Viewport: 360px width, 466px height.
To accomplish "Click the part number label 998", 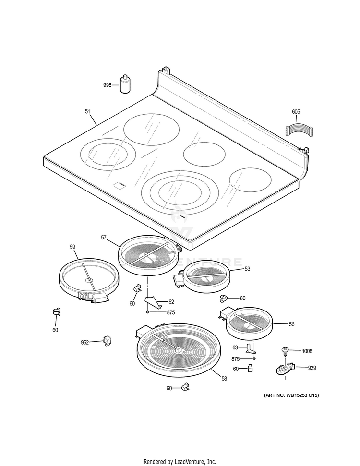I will (107, 85).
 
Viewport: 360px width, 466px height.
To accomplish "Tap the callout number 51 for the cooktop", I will (87, 111).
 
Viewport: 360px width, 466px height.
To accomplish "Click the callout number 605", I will (296, 112).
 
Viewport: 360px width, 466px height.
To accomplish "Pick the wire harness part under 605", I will (298, 131).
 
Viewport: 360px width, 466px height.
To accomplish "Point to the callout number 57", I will (104, 238).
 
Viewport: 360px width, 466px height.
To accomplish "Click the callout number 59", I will (72, 247).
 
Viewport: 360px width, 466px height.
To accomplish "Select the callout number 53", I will (247, 269).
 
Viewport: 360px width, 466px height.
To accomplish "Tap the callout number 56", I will (291, 324).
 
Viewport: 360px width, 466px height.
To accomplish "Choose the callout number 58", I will (224, 379).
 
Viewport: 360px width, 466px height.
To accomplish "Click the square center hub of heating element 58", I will (179, 349).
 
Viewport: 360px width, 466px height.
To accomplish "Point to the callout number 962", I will (85, 342).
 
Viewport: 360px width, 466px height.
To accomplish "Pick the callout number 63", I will (235, 347).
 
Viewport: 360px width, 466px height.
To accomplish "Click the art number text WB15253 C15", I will (291, 395).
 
